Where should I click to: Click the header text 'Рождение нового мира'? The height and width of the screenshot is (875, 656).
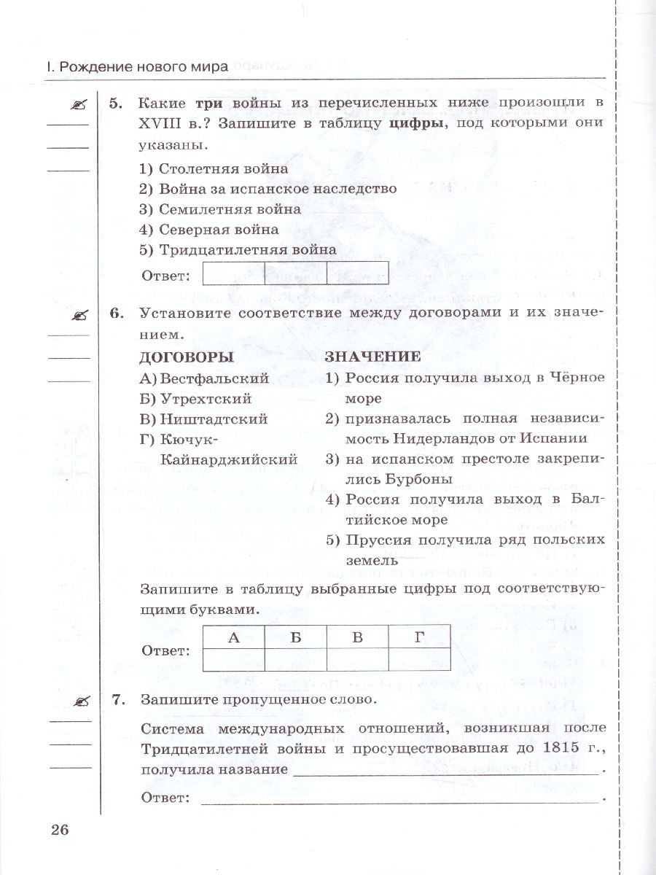tap(144, 66)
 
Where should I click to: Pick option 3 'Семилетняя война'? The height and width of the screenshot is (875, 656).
tap(219, 209)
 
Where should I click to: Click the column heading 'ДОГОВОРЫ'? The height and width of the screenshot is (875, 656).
tap(186, 357)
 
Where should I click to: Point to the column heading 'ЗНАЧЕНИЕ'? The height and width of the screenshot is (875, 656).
tap(372, 357)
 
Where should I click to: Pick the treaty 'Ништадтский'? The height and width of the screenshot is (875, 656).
tap(203, 419)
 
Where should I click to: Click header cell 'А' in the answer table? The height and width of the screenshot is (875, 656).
tap(233, 637)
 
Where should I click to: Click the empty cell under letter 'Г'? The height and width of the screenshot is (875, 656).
tap(418, 658)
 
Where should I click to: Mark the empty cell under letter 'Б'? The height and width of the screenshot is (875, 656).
tap(295, 658)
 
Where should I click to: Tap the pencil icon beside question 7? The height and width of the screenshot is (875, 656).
tap(78, 701)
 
